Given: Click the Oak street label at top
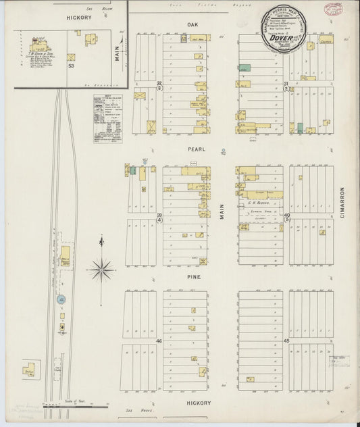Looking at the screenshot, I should pyautogui.click(x=191, y=23).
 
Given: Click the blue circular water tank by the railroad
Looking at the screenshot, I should pyautogui.click(x=62, y=299).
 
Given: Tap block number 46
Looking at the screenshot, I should pyautogui.click(x=159, y=341).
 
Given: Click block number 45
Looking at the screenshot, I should pyautogui.click(x=286, y=341).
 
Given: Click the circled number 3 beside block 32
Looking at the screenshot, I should pyautogui.click(x=159, y=88).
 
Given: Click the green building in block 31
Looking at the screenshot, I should pyautogui.click(x=245, y=68).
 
